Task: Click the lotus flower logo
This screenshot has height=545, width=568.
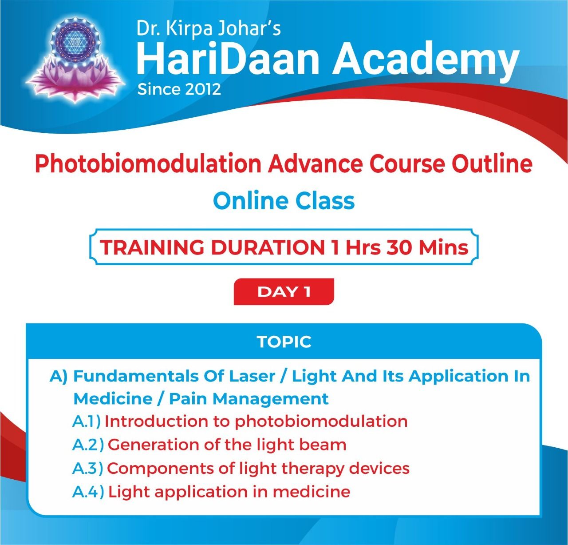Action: pyautogui.click(x=75, y=60)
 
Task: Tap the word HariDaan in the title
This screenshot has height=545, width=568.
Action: pyautogui.click(x=228, y=59)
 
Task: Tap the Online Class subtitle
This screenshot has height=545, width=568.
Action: pyautogui.click(x=284, y=201)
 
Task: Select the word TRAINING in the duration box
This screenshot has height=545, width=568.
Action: pyautogui.click(x=152, y=247)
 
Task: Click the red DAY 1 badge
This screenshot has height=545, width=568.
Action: pyautogui.click(x=284, y=292)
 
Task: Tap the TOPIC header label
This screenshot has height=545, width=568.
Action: pyautogui.click(x=284, y=342)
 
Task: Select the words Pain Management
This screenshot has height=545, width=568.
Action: pyautogui.click(x=248, y=399)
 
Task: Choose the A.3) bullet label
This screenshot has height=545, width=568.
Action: pyautogui.click(x=87, y=468)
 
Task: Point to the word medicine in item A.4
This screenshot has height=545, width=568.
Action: pyautogui.click(x=312, y=492)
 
